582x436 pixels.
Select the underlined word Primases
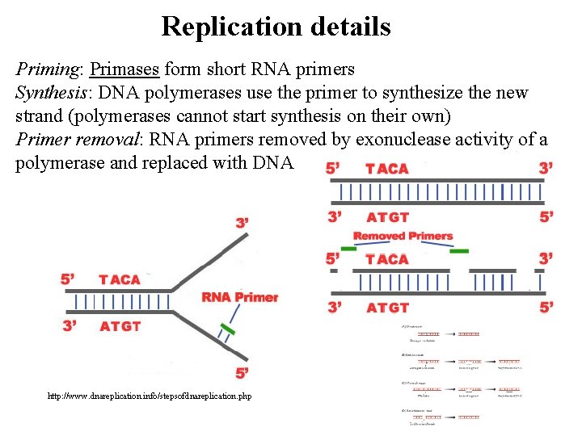pyautogui.click(x=125, y=70)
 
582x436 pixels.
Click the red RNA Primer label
pyautogui.click(x=239, y=297)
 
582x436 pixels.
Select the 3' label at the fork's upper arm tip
pyautogui.click(x=242, y=222)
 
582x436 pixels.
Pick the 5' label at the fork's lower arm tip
pyautogui.click(x=242, y=372)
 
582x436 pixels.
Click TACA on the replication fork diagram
pyautogui.click(x=120, y=279)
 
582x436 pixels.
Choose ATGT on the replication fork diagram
pyautogui.click(x=120, y=326)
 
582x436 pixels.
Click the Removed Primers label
pyautogui.click(x=403, y=236)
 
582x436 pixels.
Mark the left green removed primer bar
pyautogui.click(x=348, y=249)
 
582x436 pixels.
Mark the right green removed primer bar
pyautogui.click(x=458, y=251)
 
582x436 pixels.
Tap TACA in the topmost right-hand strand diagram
pyautogui.click(x=387, y=169)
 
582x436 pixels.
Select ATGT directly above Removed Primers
pyautogui.click(x=387, y=217)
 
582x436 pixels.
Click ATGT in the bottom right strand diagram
pyautogui.click(x=387, y=308)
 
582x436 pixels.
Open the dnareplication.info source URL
pyautogui.click(x=150, y=396)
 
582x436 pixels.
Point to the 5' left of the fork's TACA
pyautogui.click(x=68, y=279)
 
